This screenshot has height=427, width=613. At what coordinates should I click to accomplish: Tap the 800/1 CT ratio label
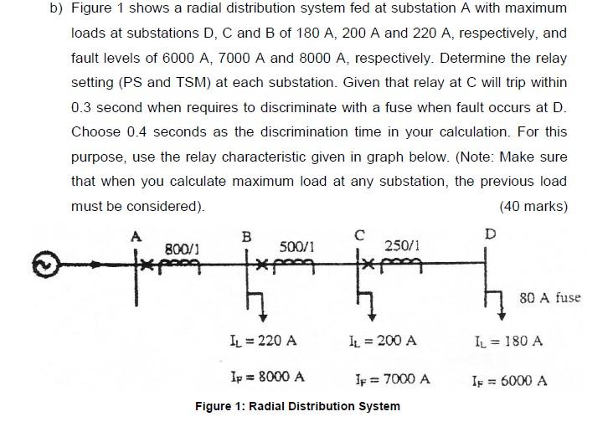[182, 248]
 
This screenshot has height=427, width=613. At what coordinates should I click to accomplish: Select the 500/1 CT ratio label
[297, 247]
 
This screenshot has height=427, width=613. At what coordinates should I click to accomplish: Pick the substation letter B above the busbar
[246, 237]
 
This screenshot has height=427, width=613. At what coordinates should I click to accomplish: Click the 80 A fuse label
[549, 297]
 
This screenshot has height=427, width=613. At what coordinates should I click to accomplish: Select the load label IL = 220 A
[263, 341]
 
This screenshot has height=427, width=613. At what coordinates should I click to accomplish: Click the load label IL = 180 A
[508, 341]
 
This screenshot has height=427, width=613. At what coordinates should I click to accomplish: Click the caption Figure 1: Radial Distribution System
[297, 406]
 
